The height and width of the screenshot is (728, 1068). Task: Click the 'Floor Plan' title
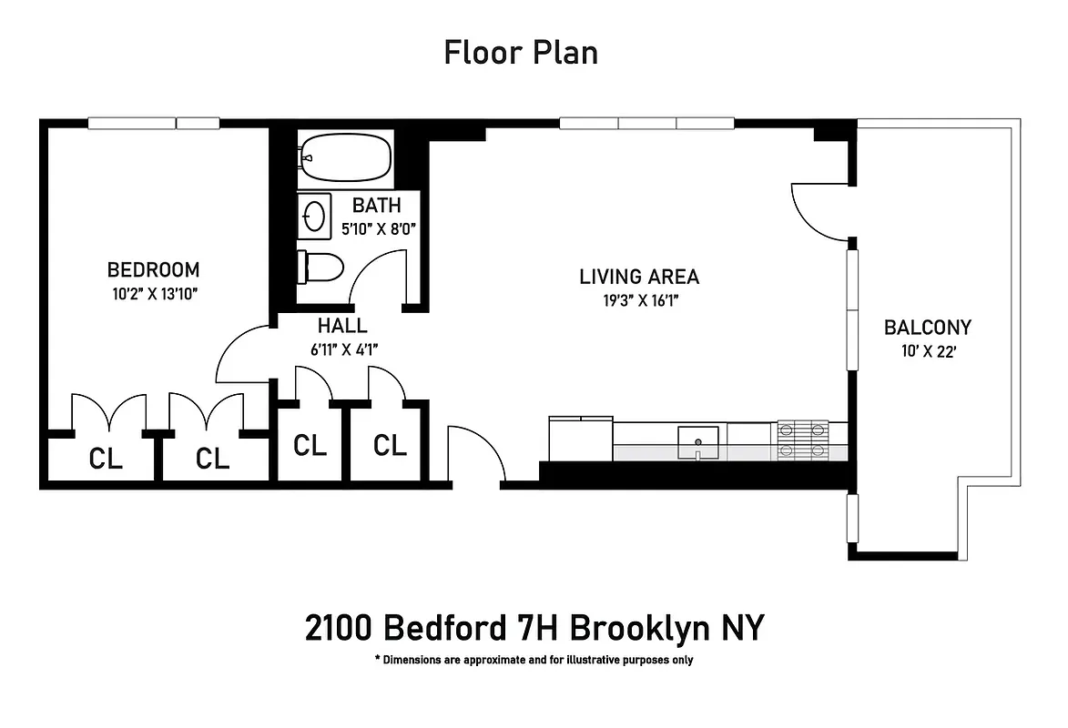point(521,52)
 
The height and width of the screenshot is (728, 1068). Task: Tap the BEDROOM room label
point(153,270)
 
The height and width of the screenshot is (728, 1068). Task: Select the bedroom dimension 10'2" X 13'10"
point(153,293)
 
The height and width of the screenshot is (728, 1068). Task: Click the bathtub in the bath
point(346,157)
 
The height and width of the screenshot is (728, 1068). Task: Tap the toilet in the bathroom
point(320,268)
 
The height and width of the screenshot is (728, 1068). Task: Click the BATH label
point(377,207)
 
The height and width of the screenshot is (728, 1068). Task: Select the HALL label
point(342,326)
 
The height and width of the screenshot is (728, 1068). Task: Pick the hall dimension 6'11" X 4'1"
point(342,347)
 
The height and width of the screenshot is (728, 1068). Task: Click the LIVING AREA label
point(639,277)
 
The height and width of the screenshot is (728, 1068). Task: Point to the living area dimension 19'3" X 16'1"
point(639,299)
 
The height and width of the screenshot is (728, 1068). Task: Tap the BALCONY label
point(928,328)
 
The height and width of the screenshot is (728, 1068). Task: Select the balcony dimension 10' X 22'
point(928,351)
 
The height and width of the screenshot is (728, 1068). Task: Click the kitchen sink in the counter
point(698,440)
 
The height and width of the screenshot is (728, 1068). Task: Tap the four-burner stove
point(802,440)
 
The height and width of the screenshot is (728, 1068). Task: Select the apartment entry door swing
point(475,453)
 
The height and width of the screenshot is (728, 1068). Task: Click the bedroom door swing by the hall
point(242,355)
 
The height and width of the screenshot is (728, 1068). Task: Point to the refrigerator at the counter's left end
point(581,439)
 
